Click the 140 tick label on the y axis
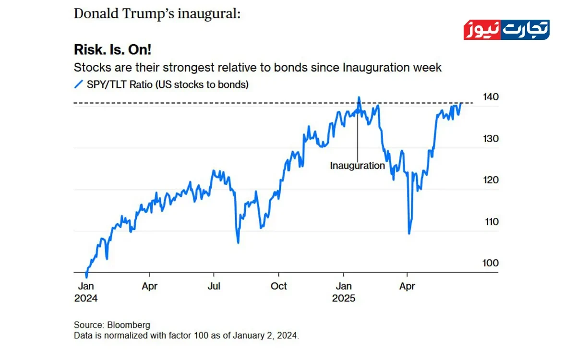point(491,97)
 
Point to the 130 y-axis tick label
point(491,139)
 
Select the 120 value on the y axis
point(491,180)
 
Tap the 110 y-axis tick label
point(491,222)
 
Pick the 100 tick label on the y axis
point(491,263)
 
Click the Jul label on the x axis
point(214,286)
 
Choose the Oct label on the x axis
point(278,286)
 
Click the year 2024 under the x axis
point(86,299)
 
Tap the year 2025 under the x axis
point(344,299)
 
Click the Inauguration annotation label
point(358,166)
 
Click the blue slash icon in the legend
point(78,84)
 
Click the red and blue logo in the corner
point(506,30)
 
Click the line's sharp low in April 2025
point(409,234)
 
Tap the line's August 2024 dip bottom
point(238,243)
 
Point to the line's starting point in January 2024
point(86,277)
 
